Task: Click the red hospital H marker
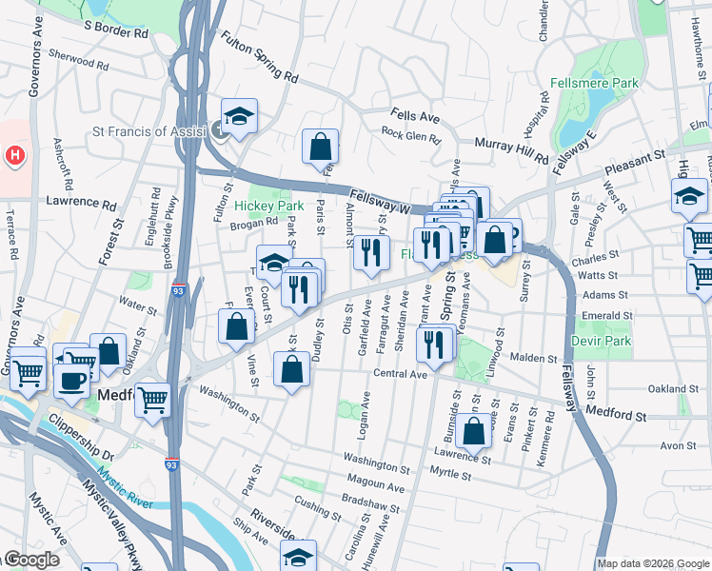(14, 154)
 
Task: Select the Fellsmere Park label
(600, 84)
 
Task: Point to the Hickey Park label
(268, 206)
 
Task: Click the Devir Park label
(602, 340)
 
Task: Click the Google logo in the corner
(30, 560)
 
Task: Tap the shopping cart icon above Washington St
(151, 399)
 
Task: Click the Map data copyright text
(652, 563)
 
